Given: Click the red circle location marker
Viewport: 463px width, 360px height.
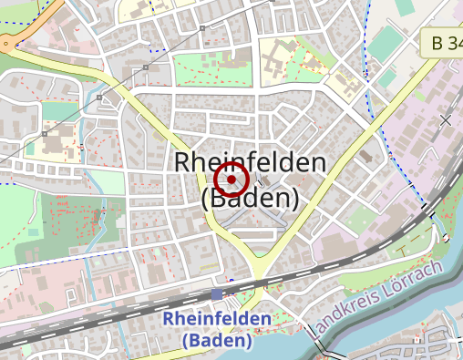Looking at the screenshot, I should click(x=231, y=180).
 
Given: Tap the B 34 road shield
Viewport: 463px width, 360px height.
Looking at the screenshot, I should click(x=443, y=43).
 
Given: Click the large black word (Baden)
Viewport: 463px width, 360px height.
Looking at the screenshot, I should click(x=249, y=197).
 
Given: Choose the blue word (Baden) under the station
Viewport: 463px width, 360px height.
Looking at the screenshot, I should click(x=217, y=340).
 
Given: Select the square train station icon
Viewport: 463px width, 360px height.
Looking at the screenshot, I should click(x=216, y=294).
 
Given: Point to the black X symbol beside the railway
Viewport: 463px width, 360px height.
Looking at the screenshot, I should click(x=446, y=119).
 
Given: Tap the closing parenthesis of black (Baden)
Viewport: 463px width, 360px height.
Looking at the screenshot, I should click(x=294, y=198).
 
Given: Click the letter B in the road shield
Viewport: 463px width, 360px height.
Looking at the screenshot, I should click(x=437, y=43).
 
